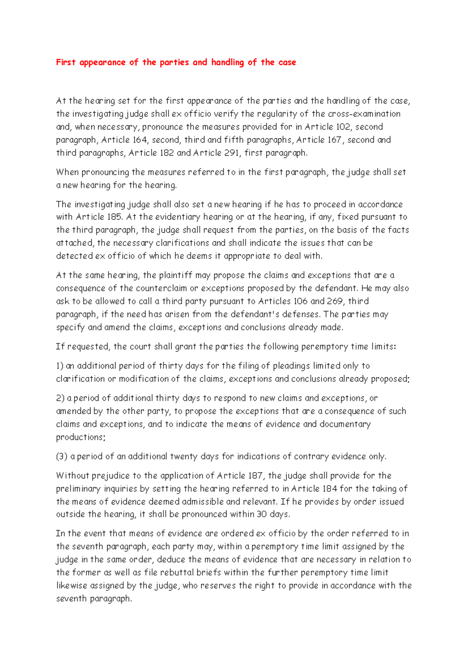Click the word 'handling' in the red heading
(x=227, y=62)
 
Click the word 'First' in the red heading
(x=66, y=62)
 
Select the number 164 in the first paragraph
(x=140, y=140)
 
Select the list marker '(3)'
(x=62, y=456)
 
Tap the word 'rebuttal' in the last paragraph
(x=177, y=572)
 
